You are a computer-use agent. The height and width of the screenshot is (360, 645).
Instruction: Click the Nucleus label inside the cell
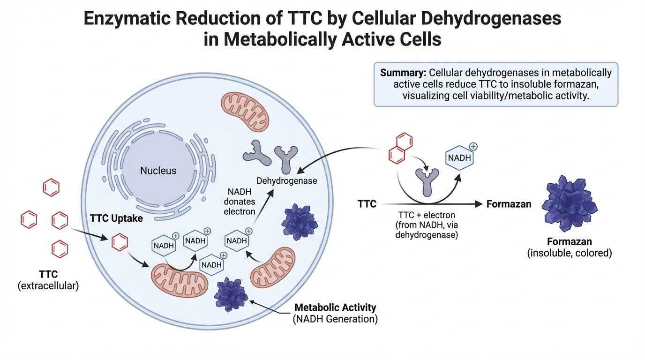pos(158,171)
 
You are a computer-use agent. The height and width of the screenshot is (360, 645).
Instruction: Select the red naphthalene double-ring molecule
pos(400,149)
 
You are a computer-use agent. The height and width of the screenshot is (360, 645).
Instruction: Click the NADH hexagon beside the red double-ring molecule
pos(459,158)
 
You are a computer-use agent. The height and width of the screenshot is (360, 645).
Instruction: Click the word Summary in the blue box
pos(402,73)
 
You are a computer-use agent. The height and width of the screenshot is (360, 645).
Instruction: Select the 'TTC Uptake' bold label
pos(116,218)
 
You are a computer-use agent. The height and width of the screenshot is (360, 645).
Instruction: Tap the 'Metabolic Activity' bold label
pos(335,307)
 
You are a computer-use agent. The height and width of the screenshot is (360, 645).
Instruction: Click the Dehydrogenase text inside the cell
pos(287,180)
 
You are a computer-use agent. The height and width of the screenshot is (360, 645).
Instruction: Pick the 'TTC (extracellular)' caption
pos(48,280)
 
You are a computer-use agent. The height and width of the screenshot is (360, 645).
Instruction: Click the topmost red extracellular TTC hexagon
pos(51,188)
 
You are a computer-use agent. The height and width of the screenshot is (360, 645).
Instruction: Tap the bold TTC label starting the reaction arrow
pos(367,204)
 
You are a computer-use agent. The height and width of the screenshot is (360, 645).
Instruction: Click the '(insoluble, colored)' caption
pos(570,253)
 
